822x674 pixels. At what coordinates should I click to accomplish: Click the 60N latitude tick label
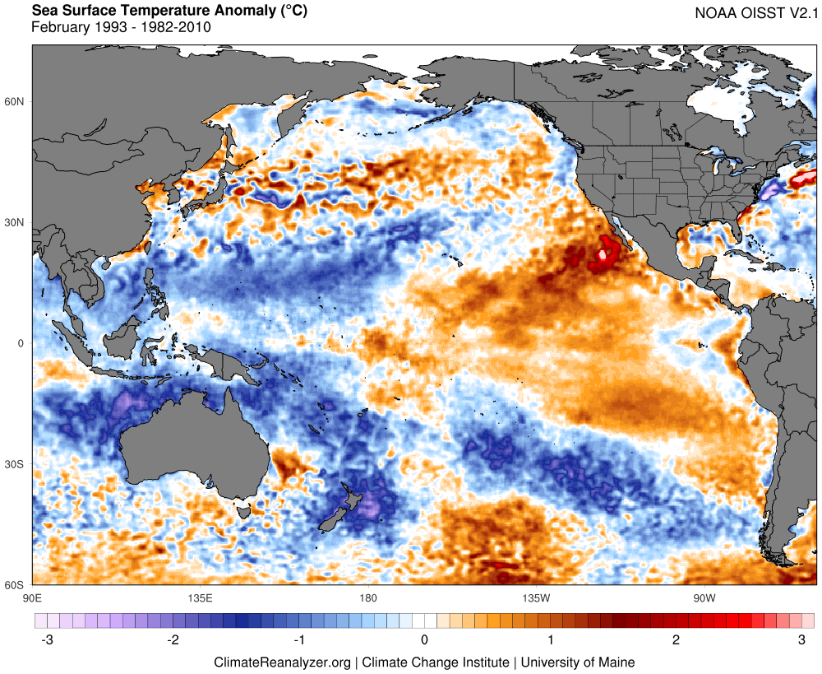click(16, 101)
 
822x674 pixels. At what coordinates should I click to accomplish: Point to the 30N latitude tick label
click(16, 222)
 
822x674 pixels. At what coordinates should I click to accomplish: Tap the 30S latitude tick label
click(16, 464)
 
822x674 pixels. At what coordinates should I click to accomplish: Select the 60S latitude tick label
click(16, 585)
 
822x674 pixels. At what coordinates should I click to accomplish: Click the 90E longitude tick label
click(32, 597)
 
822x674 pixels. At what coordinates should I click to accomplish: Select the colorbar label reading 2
click(676, 640)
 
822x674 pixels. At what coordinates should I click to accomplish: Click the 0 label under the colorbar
click(424, 640)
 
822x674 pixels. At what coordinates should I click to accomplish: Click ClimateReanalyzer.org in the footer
click(283, 662)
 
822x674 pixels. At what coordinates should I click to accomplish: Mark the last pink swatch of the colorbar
click(808, 619)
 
